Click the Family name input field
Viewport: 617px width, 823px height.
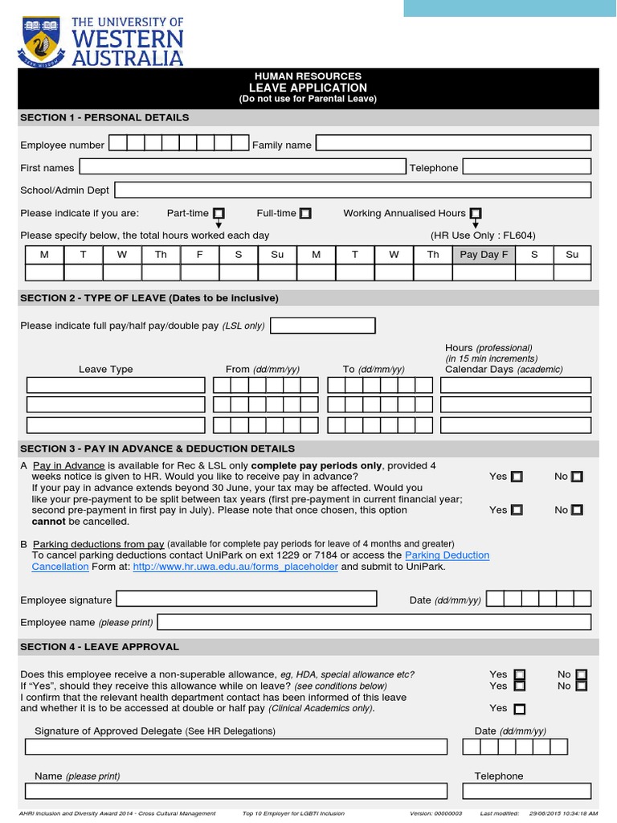pos(453,144)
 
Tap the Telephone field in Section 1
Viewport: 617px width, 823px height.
pos(527,167)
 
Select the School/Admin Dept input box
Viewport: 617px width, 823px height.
pos(353,190)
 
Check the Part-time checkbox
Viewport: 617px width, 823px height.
pos(219,213)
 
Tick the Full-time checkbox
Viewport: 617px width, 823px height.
pos(305,213)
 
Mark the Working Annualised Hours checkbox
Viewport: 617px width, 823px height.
pos(476,213)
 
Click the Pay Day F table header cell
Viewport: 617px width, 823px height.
pos(484,255)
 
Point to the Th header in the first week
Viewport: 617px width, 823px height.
pos(161,255)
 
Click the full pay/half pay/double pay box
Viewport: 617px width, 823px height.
pos(323,326)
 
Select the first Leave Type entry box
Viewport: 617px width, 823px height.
pos(116,385)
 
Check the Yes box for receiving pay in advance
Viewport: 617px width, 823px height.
pos(517,477)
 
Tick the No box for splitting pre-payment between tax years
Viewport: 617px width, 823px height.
pos(577,510)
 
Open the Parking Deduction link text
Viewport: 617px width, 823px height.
pos(447,555)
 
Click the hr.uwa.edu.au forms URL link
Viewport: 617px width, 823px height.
pos(235,567)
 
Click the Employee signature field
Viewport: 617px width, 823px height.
pos(247,600)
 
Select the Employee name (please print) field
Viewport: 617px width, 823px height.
pos(374,622)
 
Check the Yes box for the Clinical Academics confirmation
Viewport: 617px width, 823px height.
pos(520,709)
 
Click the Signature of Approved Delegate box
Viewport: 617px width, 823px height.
pos(236,747)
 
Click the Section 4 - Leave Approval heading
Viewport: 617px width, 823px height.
pos(100,647)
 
